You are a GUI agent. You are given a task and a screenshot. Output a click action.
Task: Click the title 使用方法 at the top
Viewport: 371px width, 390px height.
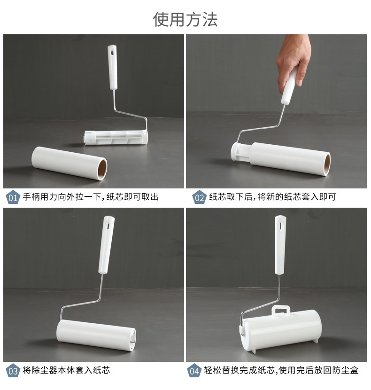point(185,19)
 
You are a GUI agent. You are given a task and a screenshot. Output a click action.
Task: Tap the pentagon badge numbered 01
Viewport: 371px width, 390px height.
point(13,197)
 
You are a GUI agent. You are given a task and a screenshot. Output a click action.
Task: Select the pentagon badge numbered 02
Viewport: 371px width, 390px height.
point(199,197)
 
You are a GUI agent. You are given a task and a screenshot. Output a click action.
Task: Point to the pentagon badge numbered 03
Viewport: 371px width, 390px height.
point(13,371)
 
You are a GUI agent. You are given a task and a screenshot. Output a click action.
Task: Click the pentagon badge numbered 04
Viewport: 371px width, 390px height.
point(194,371)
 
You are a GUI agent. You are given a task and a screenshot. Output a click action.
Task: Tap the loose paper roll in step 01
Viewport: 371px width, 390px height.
point(69,163)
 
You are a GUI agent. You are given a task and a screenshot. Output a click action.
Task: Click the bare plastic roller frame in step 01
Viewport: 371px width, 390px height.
point(116,137)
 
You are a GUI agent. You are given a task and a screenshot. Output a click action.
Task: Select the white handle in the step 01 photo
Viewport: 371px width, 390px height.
point(113,67)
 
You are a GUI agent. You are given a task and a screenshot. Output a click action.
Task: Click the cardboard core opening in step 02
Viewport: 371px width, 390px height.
point(327,164)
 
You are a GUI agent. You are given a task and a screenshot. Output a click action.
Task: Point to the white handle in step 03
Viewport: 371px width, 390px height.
point(107,245)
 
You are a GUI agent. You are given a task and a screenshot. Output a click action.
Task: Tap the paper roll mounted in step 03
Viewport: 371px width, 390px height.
point(96,336)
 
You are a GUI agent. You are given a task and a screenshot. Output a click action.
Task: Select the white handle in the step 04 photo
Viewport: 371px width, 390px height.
point(280,245)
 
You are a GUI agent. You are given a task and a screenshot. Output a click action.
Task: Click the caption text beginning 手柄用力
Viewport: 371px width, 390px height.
point(91,197)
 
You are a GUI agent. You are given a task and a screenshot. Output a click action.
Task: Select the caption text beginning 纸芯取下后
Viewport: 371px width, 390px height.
point(272,197)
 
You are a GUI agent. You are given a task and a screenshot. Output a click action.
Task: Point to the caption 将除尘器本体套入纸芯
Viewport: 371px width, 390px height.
point(66,370)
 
